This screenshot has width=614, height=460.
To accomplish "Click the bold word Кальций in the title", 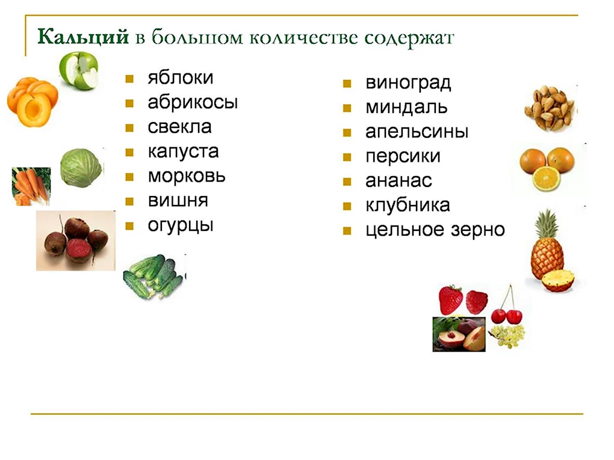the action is pos(83,37).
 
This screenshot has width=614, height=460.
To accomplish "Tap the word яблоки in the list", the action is pos(181,78).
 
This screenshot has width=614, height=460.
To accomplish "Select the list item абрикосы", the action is pos(193,102).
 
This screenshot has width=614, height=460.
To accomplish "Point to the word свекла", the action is pos(180,127).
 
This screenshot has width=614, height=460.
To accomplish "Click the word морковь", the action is pos(187,176).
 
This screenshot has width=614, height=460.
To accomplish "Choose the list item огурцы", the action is pos(181,225).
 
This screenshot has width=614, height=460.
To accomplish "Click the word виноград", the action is pos(408,83).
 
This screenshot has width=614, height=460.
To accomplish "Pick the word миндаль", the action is pos(406,107).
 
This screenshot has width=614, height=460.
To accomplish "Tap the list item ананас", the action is pos(398,181).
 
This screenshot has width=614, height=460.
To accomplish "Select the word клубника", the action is pos(408,206).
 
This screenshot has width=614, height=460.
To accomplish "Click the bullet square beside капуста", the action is pos(129,153).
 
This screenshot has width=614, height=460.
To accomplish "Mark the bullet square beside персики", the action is pos(347,158).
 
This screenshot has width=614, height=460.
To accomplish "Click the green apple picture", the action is pos(79,70).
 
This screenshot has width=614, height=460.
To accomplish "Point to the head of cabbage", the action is pos(81,168).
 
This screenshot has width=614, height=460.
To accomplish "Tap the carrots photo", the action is pos(31,186).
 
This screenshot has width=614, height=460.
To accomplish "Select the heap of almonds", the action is pos(551,108).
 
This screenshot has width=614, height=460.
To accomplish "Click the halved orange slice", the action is pos(546,179).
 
